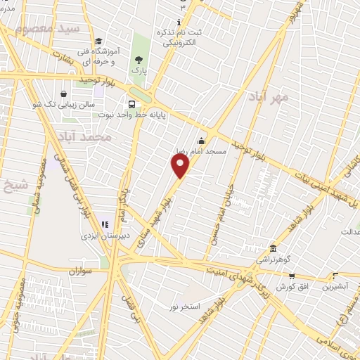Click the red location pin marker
pos(181,167)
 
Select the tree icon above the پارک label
pos(138,60)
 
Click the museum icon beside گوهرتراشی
pos(274,250)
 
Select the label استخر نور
pos(185,307)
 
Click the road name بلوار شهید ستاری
pos(156,226)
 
